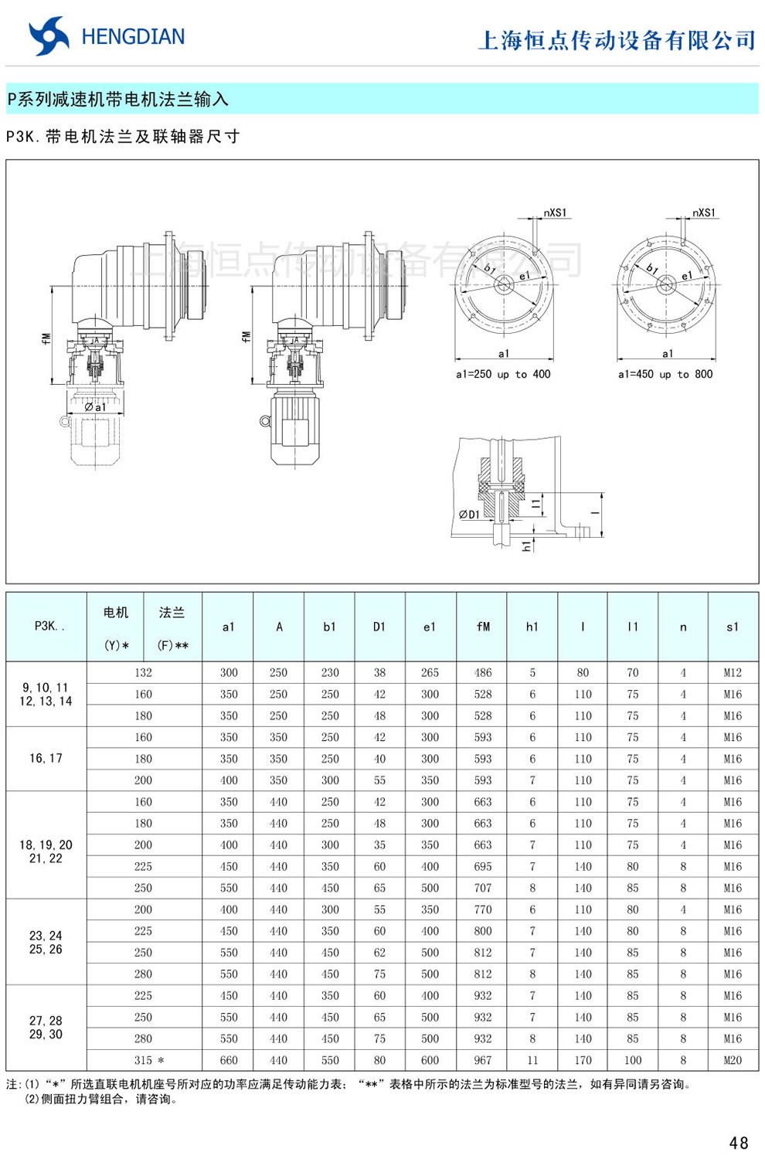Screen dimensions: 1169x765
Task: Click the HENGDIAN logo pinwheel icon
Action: click(49, 36)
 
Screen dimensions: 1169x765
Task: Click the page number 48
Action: click(738, 1143)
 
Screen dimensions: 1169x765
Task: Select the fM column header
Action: click(482, 627)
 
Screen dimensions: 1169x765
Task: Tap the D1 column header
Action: click(379, 627)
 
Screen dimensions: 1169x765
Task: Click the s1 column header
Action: click(732, 627)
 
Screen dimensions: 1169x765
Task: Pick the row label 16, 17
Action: click(46, 758)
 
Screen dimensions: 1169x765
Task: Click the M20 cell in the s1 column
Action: click(732, 1060)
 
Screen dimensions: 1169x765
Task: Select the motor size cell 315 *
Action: click(148, 1060)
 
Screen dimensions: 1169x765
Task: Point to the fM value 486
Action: click(482, 672)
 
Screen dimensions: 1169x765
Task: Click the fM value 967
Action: click(482, 1060)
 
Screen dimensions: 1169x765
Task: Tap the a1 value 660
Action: click(229, 1060)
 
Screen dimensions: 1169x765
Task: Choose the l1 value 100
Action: click(632, 1060)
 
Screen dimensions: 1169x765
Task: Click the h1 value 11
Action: click(532, 1060)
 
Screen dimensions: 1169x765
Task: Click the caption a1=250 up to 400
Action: click(503, 374)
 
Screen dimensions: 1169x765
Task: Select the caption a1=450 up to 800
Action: click(665, 374)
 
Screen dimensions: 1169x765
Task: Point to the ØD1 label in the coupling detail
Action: click(469, 514)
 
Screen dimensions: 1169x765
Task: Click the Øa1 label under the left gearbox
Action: click(95, 406)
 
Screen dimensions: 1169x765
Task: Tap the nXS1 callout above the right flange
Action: click(703, 212)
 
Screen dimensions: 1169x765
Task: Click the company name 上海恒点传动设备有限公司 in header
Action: click(616, 40)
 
